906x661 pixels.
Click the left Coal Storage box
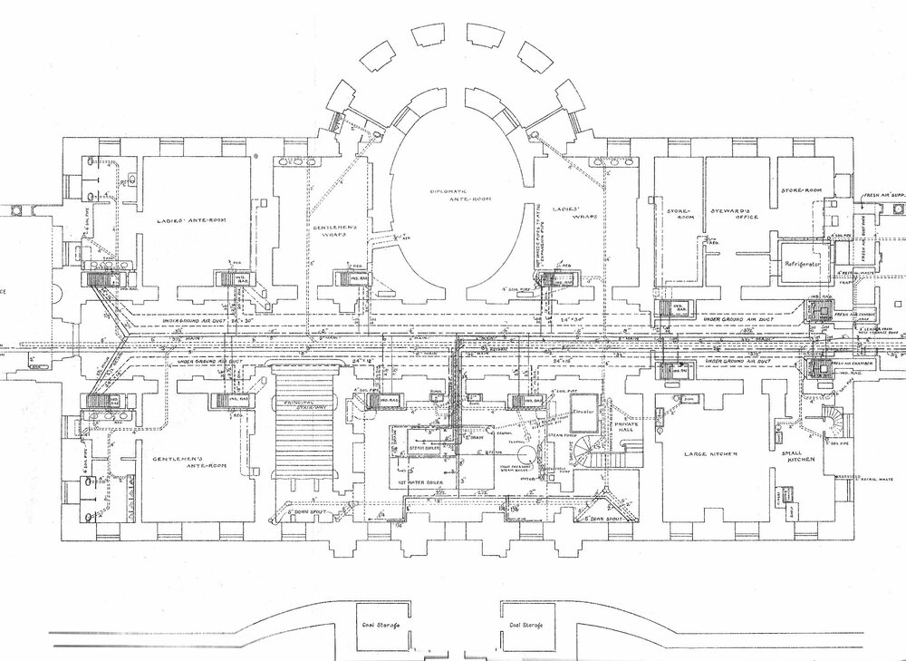(x=383, y=625)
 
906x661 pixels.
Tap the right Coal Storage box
(x=526, y=625)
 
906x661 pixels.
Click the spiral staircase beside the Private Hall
(x=591, y=450)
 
